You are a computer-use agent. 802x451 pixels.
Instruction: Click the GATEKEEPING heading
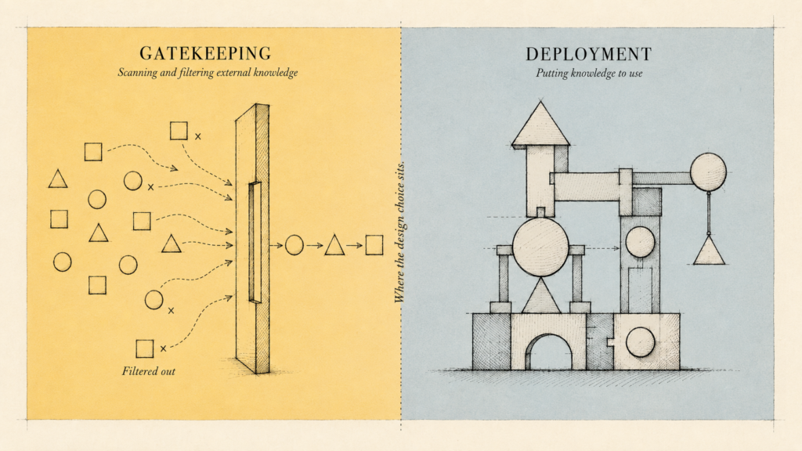coord(206,54)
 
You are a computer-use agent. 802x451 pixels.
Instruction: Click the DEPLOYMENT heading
coord(589,54)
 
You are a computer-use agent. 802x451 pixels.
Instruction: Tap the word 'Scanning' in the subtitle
coord(138,73)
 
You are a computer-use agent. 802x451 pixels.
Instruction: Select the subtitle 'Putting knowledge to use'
coord(589,73)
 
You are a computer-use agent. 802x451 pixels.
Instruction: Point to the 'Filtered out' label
coord(148,371)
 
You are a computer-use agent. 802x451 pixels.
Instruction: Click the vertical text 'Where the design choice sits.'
coord(399,232)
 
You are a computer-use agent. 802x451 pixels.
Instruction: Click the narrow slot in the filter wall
coord(255,243)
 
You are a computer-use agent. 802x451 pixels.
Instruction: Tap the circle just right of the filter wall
coord(294,245)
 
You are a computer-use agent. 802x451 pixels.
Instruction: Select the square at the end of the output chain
coord(374,245)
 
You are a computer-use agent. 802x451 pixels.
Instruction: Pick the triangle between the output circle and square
coord(334,246)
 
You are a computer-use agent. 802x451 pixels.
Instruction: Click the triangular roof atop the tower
coord(540,124)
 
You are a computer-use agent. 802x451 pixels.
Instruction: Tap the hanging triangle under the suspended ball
coord(709,251)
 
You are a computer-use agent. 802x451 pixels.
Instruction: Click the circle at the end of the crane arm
coord(708,171)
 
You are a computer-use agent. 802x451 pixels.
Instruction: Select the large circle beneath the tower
coord(540,247)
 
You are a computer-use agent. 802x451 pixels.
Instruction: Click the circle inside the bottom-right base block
coord(641,342)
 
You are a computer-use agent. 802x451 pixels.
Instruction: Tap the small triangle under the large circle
coord(541,296)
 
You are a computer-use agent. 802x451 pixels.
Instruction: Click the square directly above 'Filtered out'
coord(145,348)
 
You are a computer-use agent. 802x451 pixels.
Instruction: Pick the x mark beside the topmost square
coord(198,136)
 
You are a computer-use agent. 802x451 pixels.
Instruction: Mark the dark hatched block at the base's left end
coord(492,341)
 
